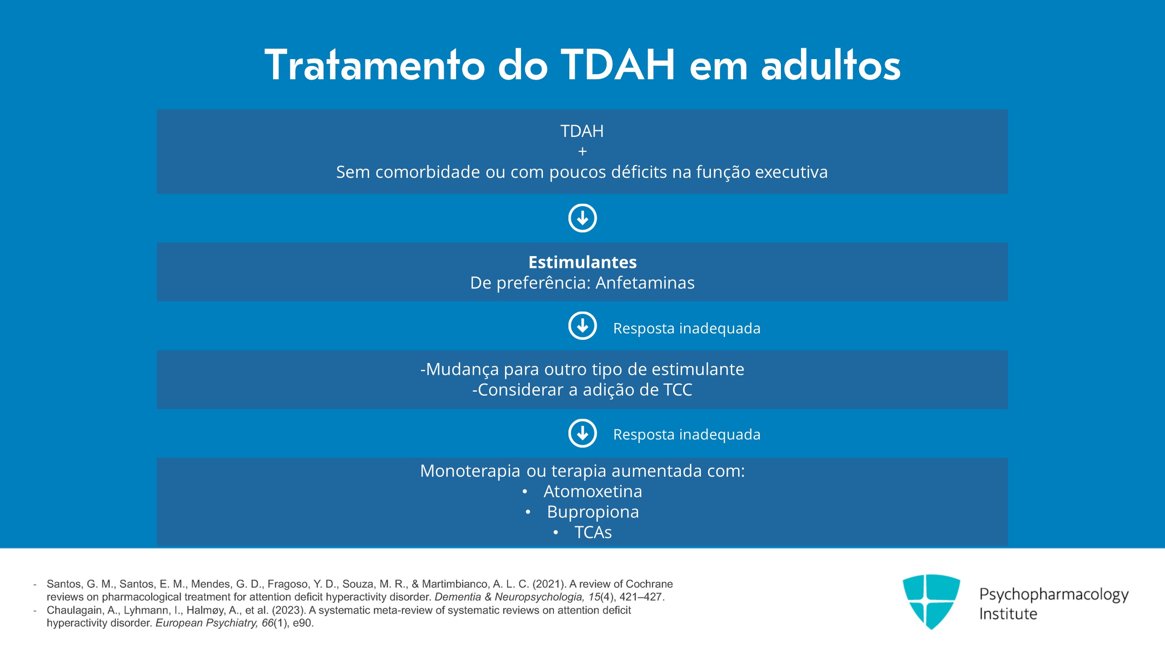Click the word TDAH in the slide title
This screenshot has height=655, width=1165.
coord(618,65)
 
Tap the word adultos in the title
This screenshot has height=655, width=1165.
coord(831,65)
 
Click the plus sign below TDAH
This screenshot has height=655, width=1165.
coord(582,151)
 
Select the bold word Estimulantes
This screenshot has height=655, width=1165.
coord(582,262)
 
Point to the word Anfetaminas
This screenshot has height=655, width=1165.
coord(645,283)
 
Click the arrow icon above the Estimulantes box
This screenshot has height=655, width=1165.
coord(582,218)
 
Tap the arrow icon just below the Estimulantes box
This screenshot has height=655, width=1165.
coord(582,326)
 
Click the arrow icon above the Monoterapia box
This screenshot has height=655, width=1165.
coord(582,433)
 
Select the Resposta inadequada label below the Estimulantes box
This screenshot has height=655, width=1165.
coord(687,328)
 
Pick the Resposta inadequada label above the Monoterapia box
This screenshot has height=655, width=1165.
coord(687,434)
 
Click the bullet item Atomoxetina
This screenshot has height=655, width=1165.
coord(593,491)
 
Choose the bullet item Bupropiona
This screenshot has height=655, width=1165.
coord(593,512)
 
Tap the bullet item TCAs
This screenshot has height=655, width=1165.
coord(593,532)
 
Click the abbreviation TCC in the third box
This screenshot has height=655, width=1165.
coord(678,390)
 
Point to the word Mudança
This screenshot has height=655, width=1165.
coord(462,370)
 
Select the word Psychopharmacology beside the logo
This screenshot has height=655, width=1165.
coord(1054,595)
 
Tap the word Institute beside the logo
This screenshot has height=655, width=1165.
coord(1008,614)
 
